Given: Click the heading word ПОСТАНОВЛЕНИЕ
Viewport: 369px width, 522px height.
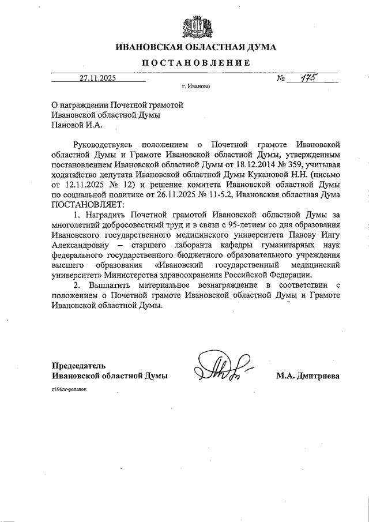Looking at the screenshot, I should (x=196, y=63).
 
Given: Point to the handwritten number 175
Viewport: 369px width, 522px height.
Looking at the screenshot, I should (x=308, y=78).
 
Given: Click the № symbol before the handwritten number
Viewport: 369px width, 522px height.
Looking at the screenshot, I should (x=281, y=79).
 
